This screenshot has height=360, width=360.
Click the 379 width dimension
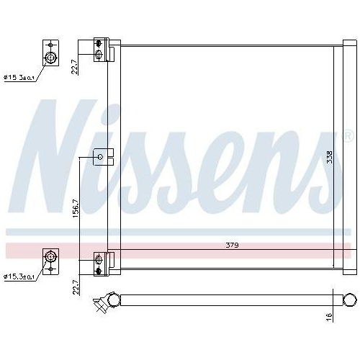[x=231, y=246]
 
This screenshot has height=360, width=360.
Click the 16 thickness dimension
[x=329, y=316]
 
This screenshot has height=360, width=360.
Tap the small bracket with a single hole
[x=100, y=156]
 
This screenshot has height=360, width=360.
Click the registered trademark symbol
[x=346, y=135]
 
